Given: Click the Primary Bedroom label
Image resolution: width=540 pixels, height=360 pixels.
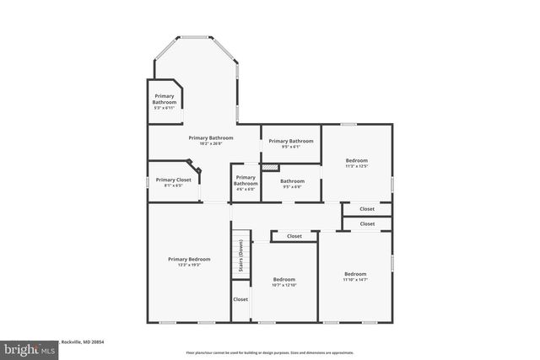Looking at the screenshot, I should [x=188, y=259].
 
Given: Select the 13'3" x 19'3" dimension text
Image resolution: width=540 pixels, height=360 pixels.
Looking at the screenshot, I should [x=188, y=266].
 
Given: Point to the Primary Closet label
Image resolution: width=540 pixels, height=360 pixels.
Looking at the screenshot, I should [x=173, y=180].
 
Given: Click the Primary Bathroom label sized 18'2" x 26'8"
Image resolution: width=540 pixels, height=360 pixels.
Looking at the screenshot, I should [x=210, y=137].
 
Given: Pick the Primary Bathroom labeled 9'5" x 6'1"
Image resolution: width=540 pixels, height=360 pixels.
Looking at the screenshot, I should [x=290, y=141].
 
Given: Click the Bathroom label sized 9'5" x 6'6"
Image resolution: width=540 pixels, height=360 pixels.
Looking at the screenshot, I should [x=292, y=181].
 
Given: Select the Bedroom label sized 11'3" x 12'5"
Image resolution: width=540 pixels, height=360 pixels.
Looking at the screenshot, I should [x=356, y=160].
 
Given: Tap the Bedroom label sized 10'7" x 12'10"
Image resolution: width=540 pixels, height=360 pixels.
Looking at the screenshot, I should [x=283, y=279].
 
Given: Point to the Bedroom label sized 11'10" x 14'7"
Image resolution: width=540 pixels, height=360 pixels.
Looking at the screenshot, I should [x=354, y=273].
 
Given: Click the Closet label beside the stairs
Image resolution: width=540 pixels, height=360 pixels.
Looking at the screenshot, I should [x=240, y=299].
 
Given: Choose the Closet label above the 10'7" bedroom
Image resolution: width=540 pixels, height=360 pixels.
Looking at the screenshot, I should [x=294, y=237].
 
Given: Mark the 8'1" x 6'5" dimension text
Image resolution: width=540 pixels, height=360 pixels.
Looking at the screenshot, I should [x=173, y=185].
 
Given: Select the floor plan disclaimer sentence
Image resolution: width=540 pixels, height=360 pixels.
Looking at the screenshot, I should [x=269, y=352].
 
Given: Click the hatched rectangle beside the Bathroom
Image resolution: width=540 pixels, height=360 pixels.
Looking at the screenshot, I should [x=269, y=168].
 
